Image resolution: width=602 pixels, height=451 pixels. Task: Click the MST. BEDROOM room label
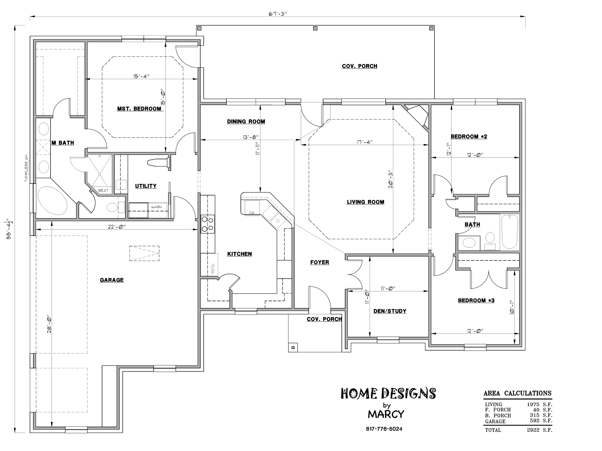139,109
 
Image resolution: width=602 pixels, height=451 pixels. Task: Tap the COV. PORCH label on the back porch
360,66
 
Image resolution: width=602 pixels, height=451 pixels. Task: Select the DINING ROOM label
246,121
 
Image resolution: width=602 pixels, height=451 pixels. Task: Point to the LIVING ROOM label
366,202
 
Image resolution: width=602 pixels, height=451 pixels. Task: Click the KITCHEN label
240,254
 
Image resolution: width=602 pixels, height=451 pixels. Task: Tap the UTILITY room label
146,186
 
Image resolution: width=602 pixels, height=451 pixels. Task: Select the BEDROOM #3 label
476,300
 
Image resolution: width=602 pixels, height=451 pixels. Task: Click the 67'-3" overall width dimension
278,14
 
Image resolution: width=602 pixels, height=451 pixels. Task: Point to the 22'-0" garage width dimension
117,226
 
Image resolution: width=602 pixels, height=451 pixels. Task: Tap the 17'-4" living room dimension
365,142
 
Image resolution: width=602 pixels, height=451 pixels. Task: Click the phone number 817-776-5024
384,429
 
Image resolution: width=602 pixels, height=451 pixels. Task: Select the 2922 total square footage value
533,430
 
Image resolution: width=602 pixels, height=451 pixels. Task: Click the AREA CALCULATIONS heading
517,393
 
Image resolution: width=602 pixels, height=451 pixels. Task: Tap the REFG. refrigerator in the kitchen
209,265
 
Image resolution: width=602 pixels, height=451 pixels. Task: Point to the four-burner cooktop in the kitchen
208,224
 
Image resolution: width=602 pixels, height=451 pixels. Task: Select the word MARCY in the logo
386,414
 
